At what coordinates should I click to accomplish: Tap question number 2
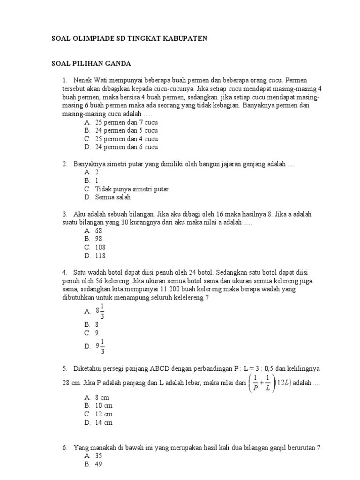(64, 164)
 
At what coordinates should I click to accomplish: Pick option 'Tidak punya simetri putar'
(132, 189)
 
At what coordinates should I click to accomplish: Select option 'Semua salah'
(112, 197)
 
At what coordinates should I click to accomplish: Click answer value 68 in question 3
(98, 231)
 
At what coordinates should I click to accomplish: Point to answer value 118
(100, 256)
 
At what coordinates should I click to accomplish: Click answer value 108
(100, 247)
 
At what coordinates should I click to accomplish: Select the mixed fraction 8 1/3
(100, 310)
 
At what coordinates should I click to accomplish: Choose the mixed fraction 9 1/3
(100, 346)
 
